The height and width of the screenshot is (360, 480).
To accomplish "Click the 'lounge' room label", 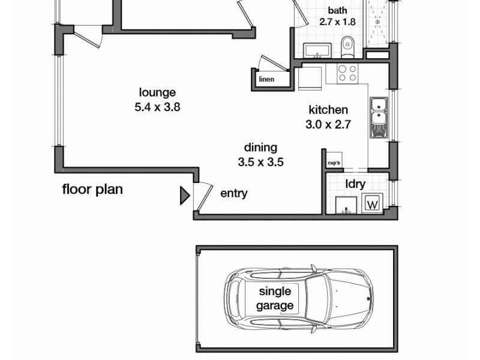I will click(157, 92).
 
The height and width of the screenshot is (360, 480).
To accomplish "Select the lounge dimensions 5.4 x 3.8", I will click(157, 108).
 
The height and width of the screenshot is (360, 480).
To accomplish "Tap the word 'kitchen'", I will click(328, 110).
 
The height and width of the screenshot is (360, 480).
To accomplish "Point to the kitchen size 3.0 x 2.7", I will click(328, 125).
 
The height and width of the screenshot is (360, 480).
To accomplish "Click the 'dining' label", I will click(260, 147).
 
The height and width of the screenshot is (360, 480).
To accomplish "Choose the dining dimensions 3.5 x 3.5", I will click(260, 162).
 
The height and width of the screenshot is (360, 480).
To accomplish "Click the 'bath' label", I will click(337, 10).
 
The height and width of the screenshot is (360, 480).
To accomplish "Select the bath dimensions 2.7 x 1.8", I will click(337, 22).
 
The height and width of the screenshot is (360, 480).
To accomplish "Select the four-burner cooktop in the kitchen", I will click(347, 73).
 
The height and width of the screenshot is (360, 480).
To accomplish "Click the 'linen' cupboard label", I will click(266, 79).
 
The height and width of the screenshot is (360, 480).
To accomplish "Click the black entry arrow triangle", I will click(185, 196).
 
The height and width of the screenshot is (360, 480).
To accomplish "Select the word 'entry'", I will click(233, 193).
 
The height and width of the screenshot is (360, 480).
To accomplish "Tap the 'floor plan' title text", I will click(92, 190).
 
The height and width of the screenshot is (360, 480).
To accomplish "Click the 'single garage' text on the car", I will click(275, 298).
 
